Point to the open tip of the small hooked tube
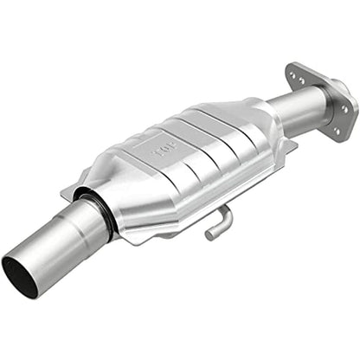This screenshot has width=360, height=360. tap(209, 235)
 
